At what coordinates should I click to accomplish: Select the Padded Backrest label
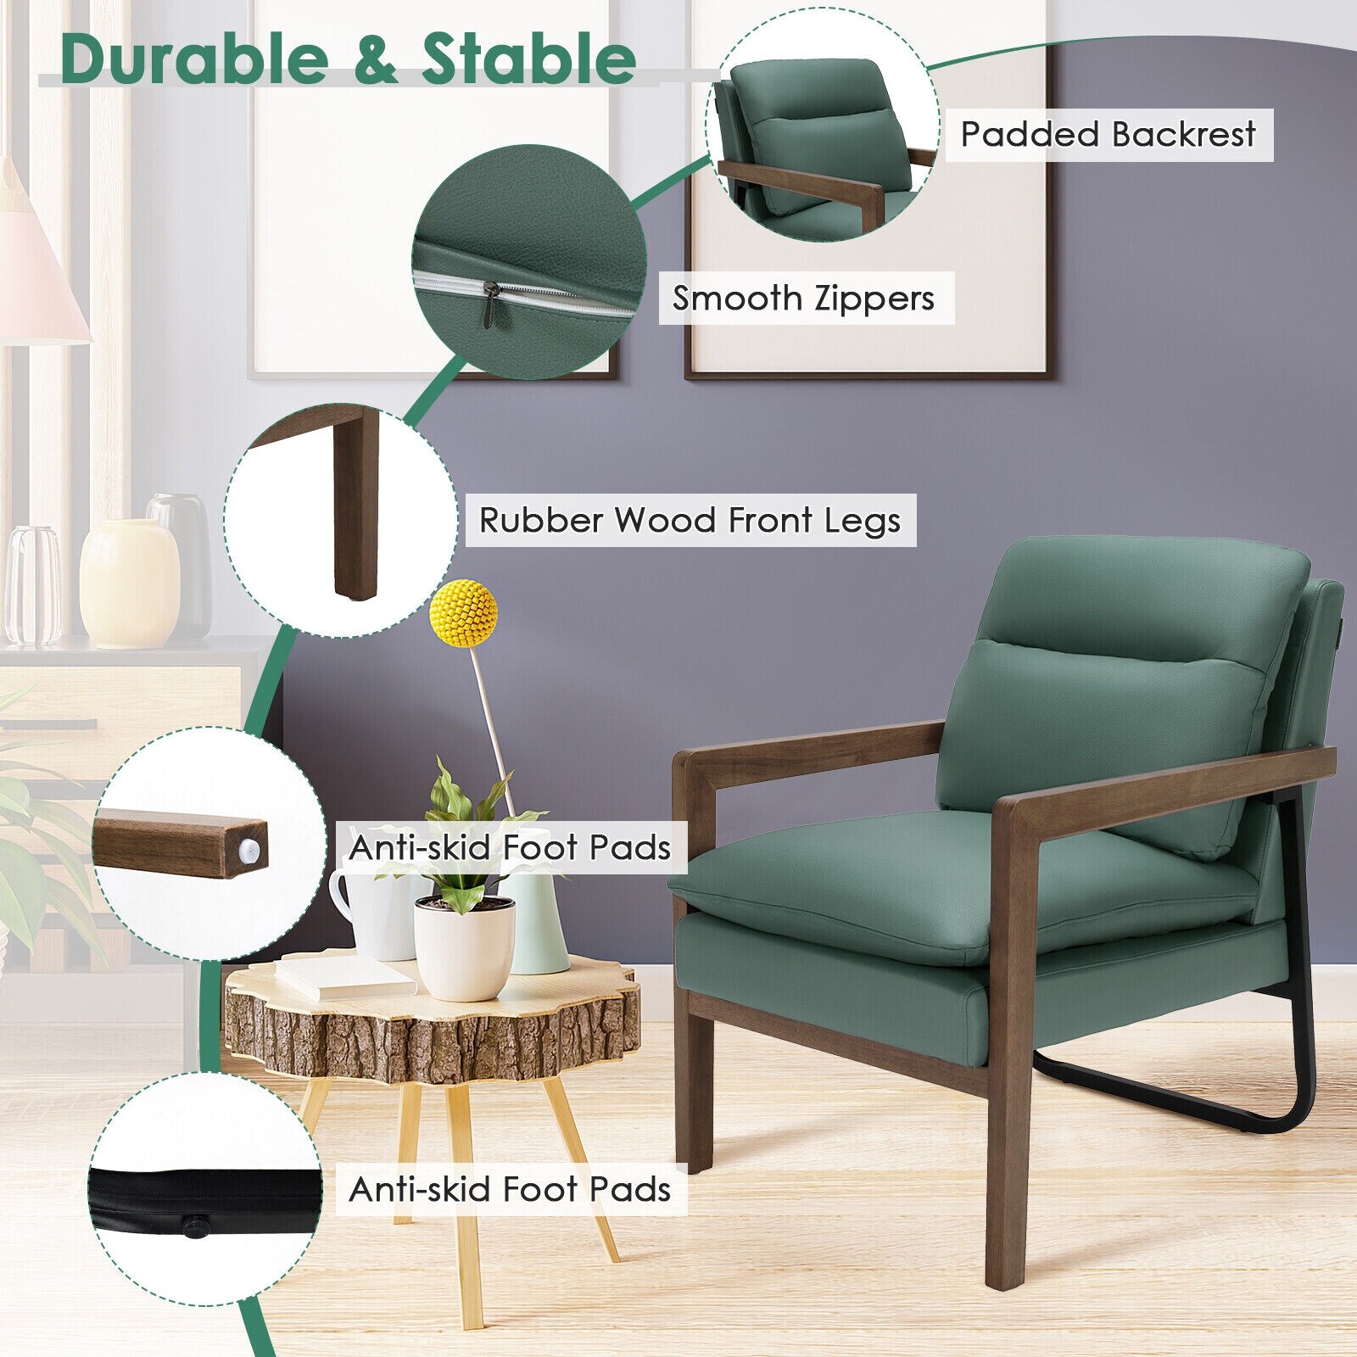coord(1108,134)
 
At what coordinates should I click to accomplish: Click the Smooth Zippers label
coord(803,298)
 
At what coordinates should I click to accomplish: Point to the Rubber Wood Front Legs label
coord(690,520)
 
